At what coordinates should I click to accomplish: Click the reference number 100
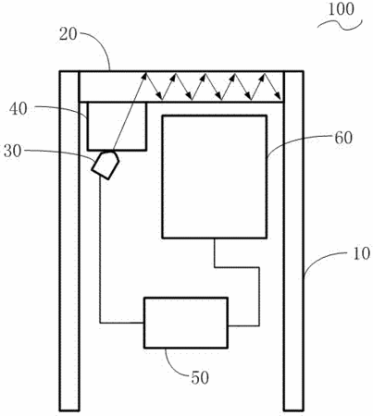click(x=341, y=9)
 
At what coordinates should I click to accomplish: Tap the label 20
click(x=68, y=34)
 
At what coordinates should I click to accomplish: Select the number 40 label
click(x=18, y=109)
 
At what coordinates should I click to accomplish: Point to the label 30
click(x=13, y=152)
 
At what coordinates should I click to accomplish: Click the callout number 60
click(x=343, y=138)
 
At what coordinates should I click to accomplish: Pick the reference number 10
click(x=361, y=254)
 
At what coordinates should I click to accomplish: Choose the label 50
click(x=200, y=377)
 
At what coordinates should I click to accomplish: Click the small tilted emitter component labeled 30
click(x=105, y=165)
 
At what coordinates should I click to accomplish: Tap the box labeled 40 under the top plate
click(x=117, y=127)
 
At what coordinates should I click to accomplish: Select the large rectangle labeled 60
click(x=215, y=177)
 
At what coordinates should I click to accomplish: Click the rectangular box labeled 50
click(x=186, y=323)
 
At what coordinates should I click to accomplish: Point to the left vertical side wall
click(x=69, y=240)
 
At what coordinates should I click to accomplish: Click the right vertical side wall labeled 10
click(x=293, y=240)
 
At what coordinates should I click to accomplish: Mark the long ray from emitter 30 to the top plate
click(x=130, y=112)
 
